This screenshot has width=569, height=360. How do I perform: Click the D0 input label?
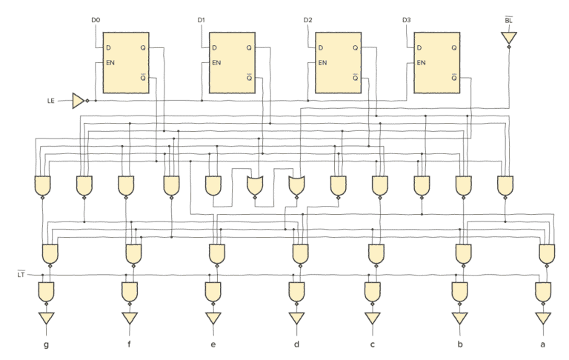[95, 19]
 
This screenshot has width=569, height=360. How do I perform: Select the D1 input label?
[202, 19]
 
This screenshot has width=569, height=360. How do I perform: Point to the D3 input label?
[406, 19]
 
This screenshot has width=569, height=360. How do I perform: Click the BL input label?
[508, 19]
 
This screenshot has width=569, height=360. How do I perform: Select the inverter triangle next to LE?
[79, 100]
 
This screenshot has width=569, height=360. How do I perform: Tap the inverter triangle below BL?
[509, 37]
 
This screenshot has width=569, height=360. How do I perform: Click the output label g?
[46, 345]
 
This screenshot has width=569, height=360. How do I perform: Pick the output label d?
[296, 345]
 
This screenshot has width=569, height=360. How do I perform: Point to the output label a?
[543, 345]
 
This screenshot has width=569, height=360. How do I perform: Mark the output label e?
[213, 345]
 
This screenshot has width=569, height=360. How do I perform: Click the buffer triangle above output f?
[130, 319]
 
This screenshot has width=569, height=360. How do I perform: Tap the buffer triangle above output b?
[459, 319]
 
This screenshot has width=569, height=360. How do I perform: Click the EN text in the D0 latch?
[112, 62]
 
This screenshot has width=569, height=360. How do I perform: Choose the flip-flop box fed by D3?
[437, 62]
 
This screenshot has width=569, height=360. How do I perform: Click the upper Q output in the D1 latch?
[249, 48]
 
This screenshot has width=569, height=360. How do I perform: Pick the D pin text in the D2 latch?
[322, 48]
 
